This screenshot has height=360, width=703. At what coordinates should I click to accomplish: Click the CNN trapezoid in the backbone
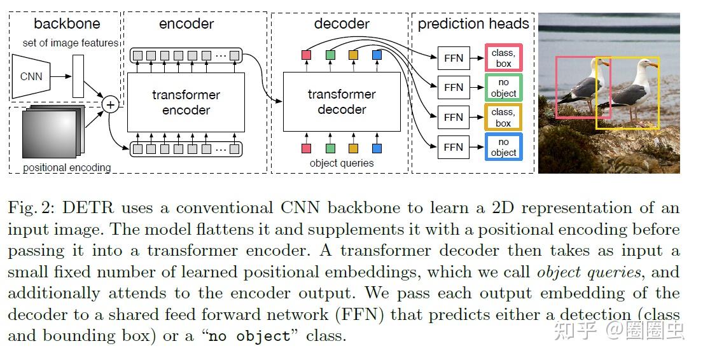31,76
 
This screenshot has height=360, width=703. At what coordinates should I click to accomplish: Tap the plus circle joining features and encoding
110,105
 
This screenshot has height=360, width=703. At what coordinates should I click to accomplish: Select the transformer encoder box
186,102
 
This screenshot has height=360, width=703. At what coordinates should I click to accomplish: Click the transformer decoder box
342,102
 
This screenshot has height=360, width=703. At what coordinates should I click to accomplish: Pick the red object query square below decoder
307,148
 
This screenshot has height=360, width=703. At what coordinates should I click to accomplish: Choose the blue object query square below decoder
377,148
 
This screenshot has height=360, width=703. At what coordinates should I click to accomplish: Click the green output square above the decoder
330,55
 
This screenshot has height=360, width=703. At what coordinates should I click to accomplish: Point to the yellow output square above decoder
353,55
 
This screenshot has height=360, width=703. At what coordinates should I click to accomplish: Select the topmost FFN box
453,58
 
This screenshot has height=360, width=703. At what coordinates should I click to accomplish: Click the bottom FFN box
453,147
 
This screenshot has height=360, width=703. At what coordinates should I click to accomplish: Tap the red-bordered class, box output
503,58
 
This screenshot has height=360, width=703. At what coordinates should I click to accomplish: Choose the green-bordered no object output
503,87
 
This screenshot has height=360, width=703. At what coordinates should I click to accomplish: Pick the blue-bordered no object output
503,147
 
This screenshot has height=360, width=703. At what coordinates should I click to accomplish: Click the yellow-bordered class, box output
503,117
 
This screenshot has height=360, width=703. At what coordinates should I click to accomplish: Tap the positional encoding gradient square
50,134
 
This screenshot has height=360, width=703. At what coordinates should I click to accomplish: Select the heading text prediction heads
473,24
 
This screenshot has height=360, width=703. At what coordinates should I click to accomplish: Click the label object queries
342,163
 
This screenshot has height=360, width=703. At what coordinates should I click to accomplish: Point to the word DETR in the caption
88,207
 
